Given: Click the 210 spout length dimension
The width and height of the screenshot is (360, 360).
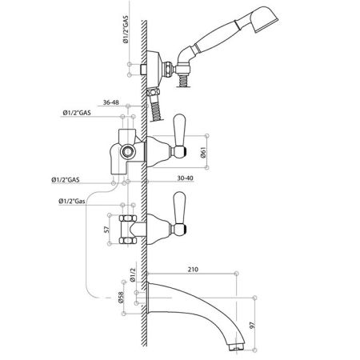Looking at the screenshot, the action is coord(193,270).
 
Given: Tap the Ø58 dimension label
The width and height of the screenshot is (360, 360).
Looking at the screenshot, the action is coord(121,297).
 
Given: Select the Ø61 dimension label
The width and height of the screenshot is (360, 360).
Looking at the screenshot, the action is coord(203,152).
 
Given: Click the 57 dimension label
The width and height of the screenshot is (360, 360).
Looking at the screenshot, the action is coord(106,230).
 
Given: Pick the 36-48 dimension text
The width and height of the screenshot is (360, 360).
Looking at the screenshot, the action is coord(111,102).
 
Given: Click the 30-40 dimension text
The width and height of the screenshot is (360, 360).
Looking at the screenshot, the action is coord(186,178).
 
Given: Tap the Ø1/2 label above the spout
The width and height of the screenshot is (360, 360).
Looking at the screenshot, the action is coord(133,275).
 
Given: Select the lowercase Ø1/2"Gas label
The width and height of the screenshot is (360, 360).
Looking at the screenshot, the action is coord(72,201).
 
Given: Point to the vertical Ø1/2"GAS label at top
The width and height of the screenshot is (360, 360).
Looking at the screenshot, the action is coord(126,29).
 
